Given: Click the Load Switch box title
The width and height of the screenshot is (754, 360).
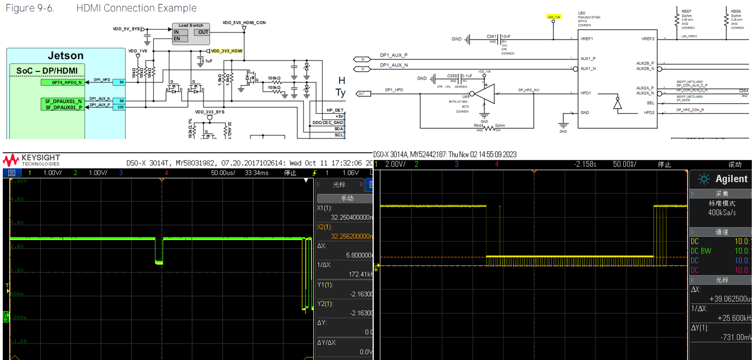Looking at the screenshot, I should coord(191,25).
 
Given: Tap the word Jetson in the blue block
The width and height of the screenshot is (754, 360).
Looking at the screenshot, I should coord(65,56).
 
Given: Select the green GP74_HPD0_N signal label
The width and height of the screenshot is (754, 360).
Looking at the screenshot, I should coord(63,82).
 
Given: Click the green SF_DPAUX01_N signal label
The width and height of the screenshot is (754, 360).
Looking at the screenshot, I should coord(63,101).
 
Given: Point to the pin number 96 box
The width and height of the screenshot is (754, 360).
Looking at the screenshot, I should coord(121,82).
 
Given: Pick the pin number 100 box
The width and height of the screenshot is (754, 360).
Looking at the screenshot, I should coord(121,107).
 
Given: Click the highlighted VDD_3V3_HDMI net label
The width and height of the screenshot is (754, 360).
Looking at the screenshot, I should coord(226,50).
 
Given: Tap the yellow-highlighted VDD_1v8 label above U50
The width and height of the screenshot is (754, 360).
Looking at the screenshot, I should coord(553,17).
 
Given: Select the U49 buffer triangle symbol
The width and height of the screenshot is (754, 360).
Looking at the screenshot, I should coord(484,93).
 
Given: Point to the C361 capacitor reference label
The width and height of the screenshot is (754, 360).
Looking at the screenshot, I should coord(491,36).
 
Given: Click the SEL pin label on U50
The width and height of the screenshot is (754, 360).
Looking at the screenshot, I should coord(651,103).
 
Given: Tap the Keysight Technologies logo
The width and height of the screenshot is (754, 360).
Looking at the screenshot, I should coord(31,160).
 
